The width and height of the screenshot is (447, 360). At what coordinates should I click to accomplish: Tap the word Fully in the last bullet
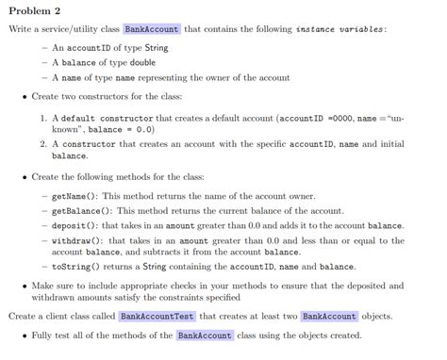[x=45, y=335]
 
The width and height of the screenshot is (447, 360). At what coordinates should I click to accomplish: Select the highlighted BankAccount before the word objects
[x=328, y=316]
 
